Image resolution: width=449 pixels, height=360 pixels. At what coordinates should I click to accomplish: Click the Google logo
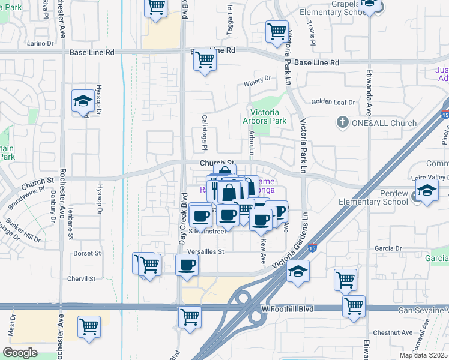[x=20, y=353]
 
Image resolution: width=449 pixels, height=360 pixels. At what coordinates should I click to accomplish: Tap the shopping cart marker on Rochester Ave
[x=89, y=327]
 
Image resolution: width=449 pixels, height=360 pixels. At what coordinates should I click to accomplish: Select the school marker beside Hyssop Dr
[x=82, y=100]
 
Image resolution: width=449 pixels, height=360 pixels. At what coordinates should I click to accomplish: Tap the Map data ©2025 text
[x=423, y=355]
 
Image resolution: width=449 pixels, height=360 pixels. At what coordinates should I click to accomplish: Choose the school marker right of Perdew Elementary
[x=427, y=191]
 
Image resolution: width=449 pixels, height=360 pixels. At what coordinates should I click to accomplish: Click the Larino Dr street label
[x=41, y=43]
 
